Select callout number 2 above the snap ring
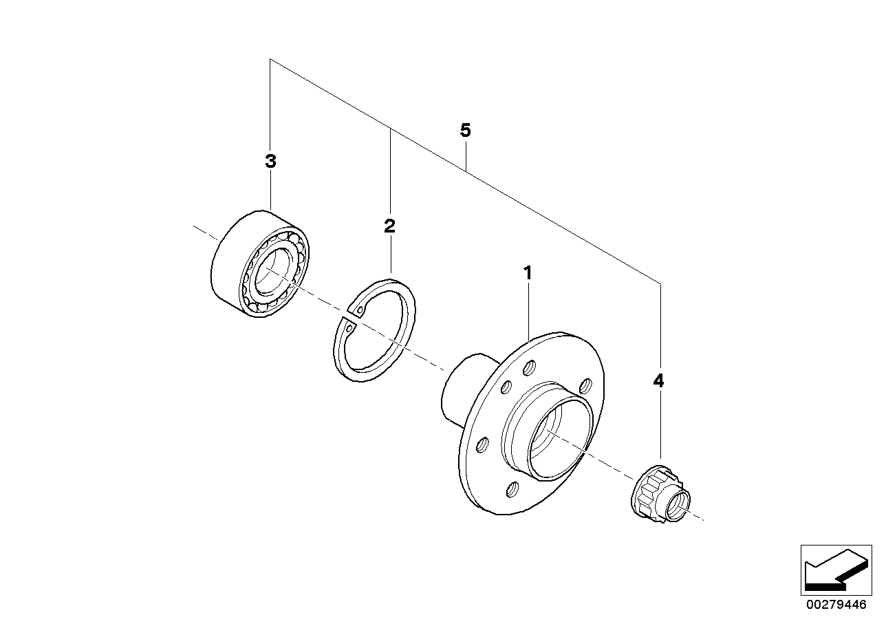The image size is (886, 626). [389, 226]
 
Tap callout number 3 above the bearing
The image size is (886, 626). [270, 162]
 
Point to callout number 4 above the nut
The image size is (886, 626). [658, 381]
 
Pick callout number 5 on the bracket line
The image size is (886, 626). [466, 131]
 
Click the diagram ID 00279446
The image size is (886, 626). [833, 606]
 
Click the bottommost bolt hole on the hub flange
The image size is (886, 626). [512, 489]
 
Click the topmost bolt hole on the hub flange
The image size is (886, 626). [529, 367]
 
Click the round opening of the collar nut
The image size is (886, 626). [676, 506]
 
